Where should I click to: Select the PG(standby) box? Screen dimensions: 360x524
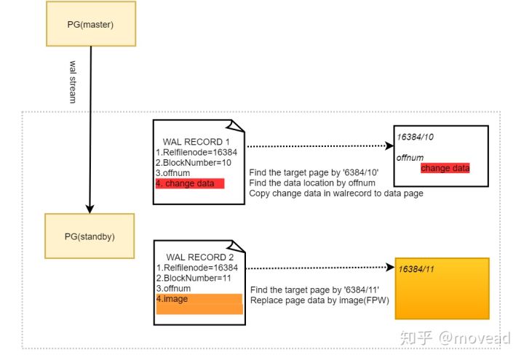point(89,236)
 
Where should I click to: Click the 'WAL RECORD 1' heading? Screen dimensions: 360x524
point(196,142)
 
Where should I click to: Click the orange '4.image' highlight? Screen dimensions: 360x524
point(199,303)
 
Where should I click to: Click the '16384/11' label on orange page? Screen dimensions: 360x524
point(416,268)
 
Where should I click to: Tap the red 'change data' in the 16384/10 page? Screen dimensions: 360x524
point(445,168)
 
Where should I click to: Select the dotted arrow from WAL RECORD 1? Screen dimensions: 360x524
point(317,146)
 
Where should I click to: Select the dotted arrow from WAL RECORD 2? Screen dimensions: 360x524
point(320,267)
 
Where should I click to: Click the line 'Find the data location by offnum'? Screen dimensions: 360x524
point(311,183)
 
